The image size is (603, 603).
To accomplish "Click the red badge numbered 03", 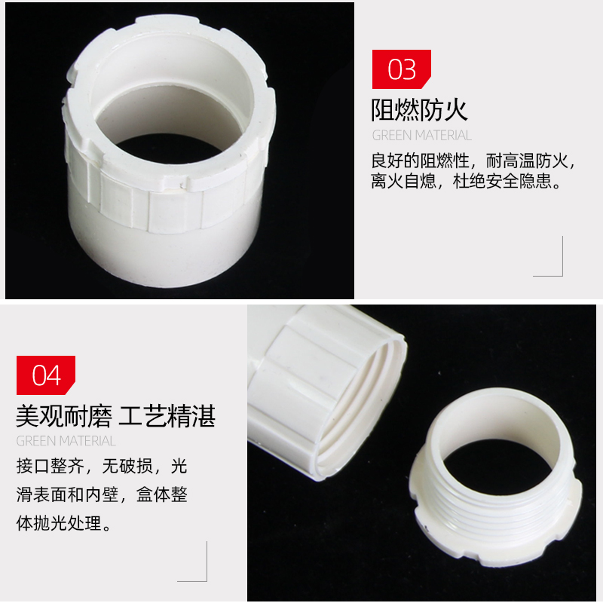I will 401,69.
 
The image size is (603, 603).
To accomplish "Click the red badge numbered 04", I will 46,375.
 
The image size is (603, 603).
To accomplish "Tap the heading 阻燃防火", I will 420,110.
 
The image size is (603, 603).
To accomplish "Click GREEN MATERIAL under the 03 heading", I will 421,136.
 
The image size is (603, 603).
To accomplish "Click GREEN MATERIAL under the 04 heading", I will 66,441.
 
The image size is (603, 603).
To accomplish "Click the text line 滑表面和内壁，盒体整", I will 102,494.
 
